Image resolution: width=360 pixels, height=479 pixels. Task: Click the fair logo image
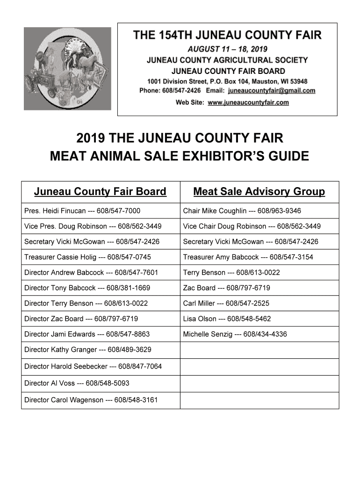point(67,68)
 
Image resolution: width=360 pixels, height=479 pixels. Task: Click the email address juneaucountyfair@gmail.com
point(272,91)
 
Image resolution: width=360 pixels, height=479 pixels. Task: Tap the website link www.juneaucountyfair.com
point(248,102)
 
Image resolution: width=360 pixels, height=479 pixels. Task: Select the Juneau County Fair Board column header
point(100,192)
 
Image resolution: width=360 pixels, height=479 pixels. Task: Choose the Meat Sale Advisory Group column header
point(259,192)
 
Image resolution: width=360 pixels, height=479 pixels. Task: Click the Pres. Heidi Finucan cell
point(82,211)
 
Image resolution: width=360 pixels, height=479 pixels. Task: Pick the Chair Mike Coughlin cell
point(242,211)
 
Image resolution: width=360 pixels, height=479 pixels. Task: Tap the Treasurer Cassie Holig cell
point(87,257)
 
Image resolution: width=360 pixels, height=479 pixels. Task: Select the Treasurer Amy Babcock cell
point(248,257)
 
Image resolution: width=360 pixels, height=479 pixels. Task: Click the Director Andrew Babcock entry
point(91,273)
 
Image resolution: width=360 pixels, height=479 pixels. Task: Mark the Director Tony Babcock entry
point(87,288)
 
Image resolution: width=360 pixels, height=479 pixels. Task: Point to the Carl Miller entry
point(226,304)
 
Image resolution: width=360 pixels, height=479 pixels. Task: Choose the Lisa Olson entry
point(227,319)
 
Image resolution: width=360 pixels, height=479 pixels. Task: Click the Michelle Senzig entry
point(235,334)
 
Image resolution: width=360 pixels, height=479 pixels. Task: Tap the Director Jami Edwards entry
point(87,334)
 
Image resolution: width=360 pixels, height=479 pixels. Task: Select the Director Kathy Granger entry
point(88,350)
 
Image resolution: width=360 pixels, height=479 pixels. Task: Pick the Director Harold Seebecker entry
point(93,366)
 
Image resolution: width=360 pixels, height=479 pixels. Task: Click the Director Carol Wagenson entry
point(91,400)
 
